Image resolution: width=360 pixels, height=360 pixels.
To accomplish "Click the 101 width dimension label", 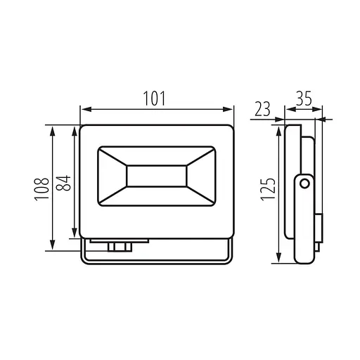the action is (154, 98).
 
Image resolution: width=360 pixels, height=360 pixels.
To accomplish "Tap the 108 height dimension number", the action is (42, 189).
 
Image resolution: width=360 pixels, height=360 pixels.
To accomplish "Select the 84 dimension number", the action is (63, 183).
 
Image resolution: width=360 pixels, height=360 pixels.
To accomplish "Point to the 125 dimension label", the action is (268, 189).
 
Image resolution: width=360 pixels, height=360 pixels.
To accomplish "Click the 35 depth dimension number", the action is (304, 98).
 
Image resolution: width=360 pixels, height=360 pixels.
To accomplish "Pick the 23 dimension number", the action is (262, 109).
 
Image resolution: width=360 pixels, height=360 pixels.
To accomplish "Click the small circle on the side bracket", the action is (304, 184).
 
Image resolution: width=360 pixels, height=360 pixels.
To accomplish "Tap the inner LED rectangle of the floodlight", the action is (157, 176).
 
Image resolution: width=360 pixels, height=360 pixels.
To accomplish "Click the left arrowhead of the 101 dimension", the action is (86, 109).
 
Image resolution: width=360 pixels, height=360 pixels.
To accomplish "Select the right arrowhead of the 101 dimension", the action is (228, 109).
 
